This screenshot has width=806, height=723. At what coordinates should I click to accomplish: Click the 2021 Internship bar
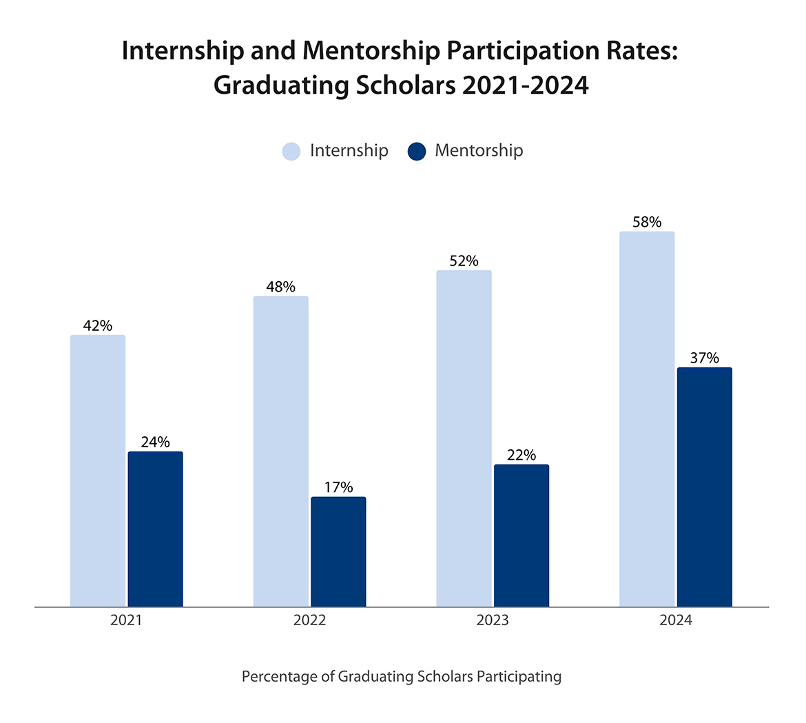pos(98,471)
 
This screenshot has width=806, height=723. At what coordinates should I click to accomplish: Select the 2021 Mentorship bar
pos(156,529)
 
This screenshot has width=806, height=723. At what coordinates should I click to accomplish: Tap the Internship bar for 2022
pos(281,451)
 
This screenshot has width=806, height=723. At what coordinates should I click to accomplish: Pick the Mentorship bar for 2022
pos(338,551)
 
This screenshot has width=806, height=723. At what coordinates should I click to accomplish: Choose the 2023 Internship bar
pos(464,438)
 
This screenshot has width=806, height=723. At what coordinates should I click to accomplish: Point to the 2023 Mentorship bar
pos(521,536)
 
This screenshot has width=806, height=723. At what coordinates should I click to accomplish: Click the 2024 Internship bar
pos(647,419)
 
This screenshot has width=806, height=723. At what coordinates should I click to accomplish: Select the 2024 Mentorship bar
pos(704,487)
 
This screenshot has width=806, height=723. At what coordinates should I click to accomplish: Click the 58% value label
pos(647,222)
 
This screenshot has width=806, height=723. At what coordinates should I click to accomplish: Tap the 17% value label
pos(338,487)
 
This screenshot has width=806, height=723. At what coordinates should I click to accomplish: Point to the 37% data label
pos(704,358)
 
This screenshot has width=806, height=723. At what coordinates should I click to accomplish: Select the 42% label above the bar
pos(98,325)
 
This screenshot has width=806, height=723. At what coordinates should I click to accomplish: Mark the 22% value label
pos(521,455)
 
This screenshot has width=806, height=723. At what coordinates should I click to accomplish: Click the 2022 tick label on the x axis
pos(309,620)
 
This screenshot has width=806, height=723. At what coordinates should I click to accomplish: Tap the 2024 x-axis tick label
pos(675,620)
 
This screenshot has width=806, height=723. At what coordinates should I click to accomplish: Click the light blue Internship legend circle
pos(291,151)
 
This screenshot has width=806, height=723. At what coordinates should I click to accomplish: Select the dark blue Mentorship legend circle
pos(417,151)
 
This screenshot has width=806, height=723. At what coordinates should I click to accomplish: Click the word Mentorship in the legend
pos(479,150)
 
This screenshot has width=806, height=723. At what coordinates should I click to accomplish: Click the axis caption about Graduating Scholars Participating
pos(402,677)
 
